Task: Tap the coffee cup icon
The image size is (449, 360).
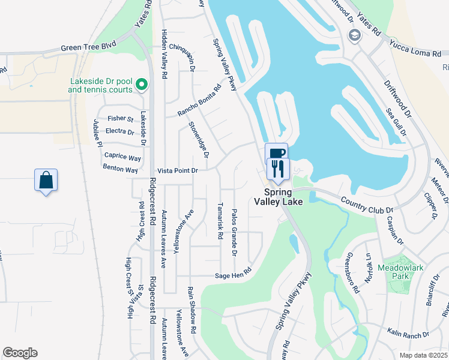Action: [x=276, y=154]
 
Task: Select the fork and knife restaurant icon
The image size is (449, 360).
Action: [x=277, y=169]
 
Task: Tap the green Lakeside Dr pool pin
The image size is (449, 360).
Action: [x=142, y=85]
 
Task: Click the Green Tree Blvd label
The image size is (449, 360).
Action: [x=88, y=47]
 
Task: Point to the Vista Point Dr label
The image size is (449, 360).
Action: [x=177, y=171]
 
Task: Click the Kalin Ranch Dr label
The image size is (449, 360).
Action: [x=408, y=334]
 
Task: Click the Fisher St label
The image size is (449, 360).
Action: [x=121, y=119]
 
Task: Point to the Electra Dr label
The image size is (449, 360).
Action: [x=119, y=131]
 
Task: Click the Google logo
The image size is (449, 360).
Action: [x=20, y=353]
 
